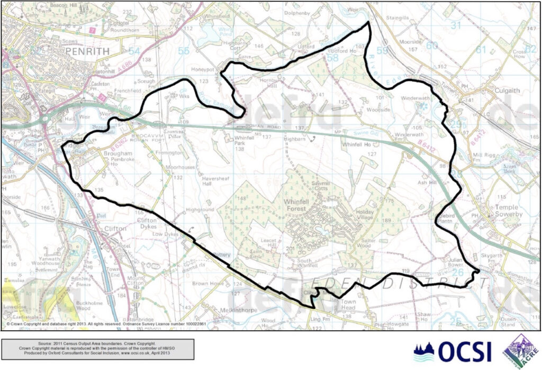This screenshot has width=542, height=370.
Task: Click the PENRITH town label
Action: click(x=88, y=51)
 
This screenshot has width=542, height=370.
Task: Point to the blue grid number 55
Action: click(x=183, y=51)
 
